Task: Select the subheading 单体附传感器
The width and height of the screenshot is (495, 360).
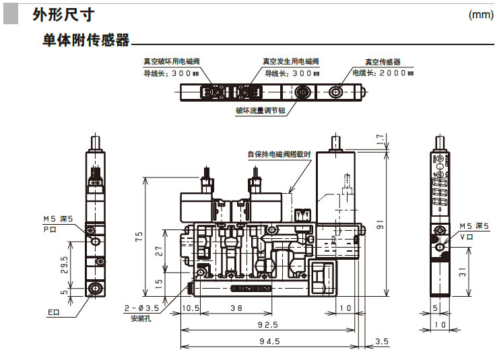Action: pyautogui.click(x=85, y=40)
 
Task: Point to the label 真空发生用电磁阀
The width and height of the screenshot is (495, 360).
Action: pyautogui.click(x=290, y=61)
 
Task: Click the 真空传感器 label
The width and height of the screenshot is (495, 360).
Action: pyautogui.click(x=383, y=61)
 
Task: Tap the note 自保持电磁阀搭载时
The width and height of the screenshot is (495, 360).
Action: pyautogui.click(x=279, y=154)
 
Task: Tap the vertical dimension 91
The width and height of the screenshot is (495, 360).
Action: pyautogui.click(x=381, y=227)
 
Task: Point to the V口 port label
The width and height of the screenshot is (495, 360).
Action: pyautogui.click(x=465, y=236)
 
